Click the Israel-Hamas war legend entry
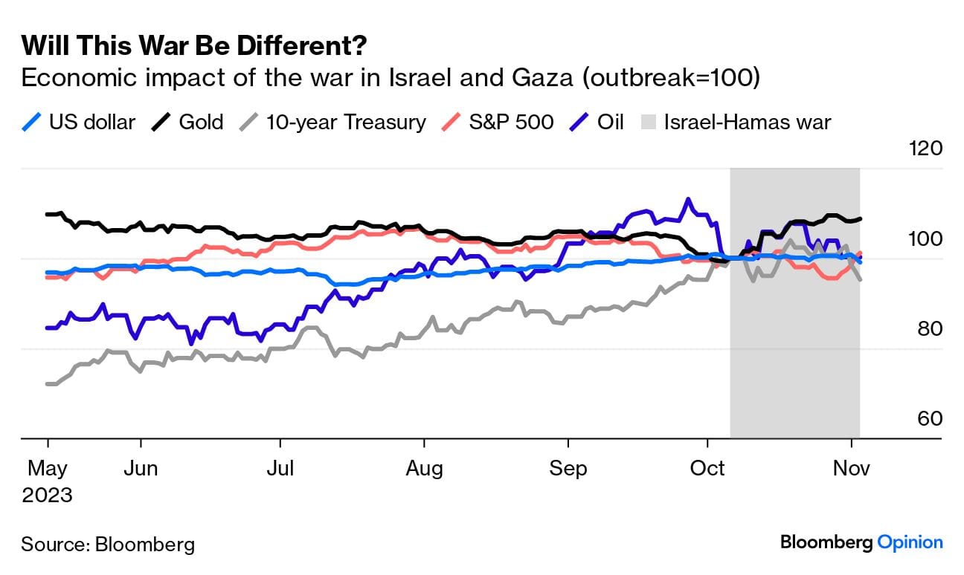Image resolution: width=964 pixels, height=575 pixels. [x=736, y=122]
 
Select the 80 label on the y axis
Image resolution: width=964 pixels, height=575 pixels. [x=929, y=328]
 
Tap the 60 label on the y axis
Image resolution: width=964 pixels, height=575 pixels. [x=929, y=418]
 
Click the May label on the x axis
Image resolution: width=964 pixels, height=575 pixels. [x=47, y=469]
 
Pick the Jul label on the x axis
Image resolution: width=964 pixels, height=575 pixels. [x=280, y=469]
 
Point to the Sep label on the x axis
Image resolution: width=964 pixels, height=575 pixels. [x=568, y=469]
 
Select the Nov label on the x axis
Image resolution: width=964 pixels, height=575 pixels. [x=851, y=469]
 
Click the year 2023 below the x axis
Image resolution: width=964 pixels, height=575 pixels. [x=47, y=495]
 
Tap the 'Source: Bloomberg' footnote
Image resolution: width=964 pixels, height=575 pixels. [x=108, y=544]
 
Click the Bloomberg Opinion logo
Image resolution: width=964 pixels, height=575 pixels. [x=861, y=542]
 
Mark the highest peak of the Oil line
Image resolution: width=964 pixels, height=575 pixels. [x=688, y=199]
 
